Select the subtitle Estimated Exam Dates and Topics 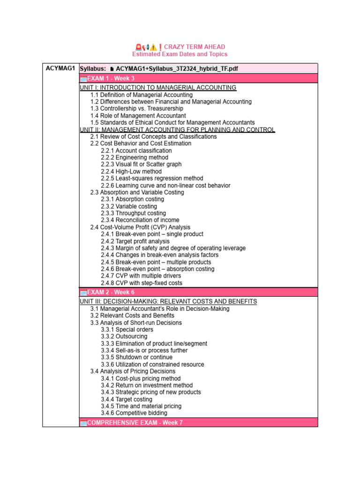180,54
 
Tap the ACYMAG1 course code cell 61,68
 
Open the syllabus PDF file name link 177,69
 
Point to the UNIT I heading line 158,88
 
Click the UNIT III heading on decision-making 168,301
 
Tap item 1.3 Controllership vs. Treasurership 137,109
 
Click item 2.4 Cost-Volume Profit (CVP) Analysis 140,227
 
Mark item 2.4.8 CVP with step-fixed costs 142,283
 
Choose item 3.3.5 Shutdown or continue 136,357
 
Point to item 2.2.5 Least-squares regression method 152,179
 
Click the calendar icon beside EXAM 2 83,292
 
